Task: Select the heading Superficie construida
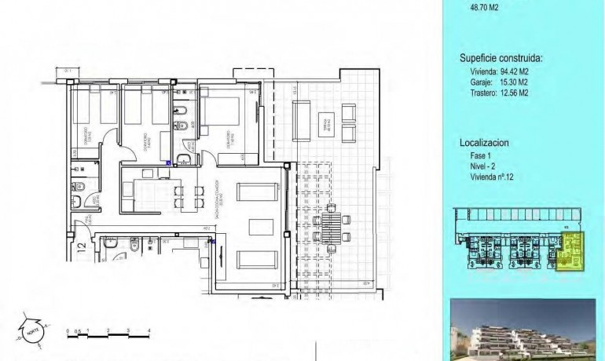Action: pyautogui.click(x=500, y=58)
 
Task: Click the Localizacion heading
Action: pyautogui.click(x=484, y=144)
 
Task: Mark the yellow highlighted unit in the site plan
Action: pyautogui.click(x=571, y=252)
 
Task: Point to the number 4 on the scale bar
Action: pyautogui.click(x=149, y=330)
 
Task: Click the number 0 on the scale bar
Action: pyautogui.click(x=68, y=330)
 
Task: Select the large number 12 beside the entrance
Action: pyautogui.click(x=81, y=250)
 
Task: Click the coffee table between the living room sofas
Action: pyautogui.click(x=259, y=226)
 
